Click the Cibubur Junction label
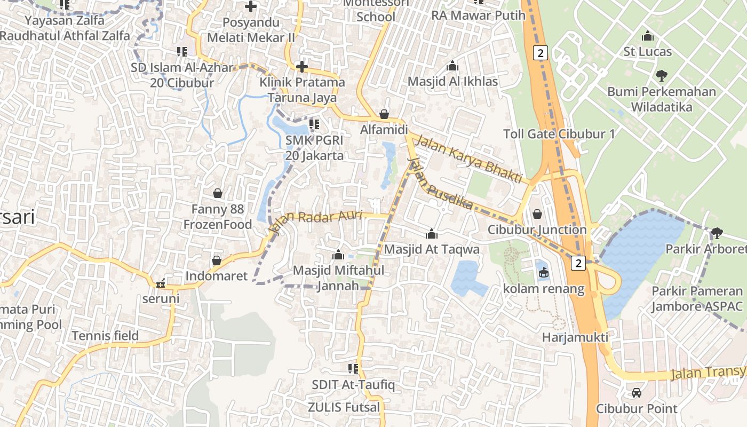[537, 230]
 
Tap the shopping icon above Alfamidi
[384, 114]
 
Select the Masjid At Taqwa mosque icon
[431, 234]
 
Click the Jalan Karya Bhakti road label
[468, 160]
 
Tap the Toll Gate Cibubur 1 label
[559, 134]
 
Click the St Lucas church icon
[648, 36]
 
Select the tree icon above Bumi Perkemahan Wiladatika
[662, 76]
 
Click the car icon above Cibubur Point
[637, 393]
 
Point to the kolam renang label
[544, 289]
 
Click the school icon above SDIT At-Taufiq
[353, 368]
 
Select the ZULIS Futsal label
[344, 408]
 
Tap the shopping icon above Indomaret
[217, 260]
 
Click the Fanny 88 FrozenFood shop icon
[218, 193]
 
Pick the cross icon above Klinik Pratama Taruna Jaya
[302, 67]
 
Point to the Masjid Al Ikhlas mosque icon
[452, 66]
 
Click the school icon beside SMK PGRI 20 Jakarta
[314, 124]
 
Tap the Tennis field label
[105, 336]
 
